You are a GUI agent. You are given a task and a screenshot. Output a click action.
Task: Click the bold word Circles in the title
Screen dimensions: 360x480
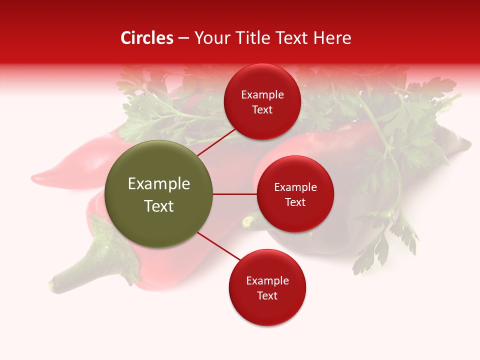click(x=146, y=38)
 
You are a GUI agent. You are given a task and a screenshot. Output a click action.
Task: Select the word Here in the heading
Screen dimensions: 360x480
click(x=333, y=38)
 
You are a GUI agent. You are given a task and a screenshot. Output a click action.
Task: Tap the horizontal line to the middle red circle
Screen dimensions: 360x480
click(x=235, y=194)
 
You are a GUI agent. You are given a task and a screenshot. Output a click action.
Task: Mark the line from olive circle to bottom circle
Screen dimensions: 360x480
click(x=218, y=247)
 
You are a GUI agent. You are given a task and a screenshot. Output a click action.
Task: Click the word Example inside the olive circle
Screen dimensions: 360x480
click(x=158, y=184)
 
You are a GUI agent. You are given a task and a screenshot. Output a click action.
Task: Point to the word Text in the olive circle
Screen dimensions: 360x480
click(x=158, y=206)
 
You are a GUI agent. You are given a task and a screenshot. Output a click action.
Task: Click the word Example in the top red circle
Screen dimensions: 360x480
click(x=262, y=95)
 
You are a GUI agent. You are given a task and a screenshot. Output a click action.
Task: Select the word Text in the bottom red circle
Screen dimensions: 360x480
click(x=267, y=295)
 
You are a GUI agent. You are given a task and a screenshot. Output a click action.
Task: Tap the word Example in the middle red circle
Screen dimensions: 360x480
click(x=295, y=187)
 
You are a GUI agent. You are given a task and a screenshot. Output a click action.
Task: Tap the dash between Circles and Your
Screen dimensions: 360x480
click(x=183, y=38)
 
